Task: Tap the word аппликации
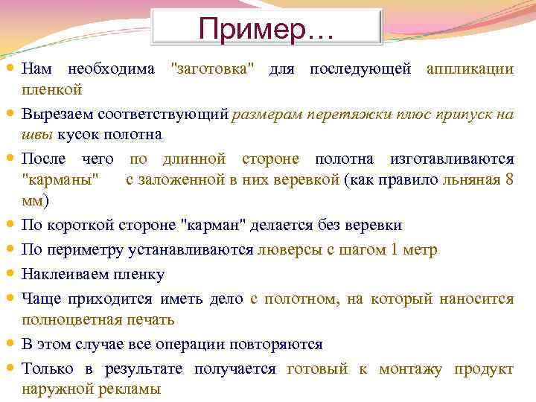tap(469, 69)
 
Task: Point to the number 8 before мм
tap(508, 181)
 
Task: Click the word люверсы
tap(284, 249)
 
